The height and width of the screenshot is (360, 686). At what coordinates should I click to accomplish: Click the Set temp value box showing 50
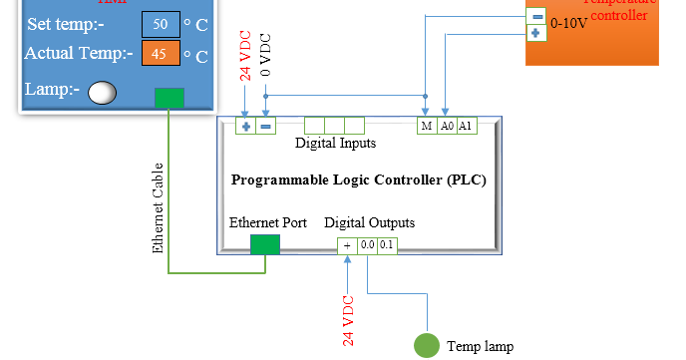pos(160,23)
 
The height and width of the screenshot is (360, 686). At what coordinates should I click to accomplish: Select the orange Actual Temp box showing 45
pos(160,55)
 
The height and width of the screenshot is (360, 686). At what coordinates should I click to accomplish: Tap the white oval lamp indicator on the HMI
pos(103,94)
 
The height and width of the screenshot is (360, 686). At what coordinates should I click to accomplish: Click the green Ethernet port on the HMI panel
pos(170,97)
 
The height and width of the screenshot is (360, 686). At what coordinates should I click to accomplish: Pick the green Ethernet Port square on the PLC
pos(264,243)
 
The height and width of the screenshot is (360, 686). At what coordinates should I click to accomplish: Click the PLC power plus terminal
pos(245,127)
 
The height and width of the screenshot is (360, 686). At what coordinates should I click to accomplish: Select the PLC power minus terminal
pos(265,127)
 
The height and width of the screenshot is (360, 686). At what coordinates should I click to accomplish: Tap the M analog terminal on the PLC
pos(427,127)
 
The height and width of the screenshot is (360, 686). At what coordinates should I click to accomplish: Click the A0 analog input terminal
pos(447,127)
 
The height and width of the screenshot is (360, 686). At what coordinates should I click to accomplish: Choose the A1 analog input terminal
pos(467,127)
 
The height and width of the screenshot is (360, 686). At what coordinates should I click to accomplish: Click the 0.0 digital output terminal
pos(368,244)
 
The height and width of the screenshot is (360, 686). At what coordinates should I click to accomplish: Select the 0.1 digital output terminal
pos(387,244)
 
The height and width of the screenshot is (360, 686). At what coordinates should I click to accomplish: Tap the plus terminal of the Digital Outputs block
pos(348,244)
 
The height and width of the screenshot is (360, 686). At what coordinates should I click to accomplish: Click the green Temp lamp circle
pos(427,345)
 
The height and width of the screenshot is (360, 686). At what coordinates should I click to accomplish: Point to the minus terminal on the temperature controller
pos(536,16)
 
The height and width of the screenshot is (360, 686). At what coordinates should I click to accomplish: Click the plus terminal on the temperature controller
pos(536,34)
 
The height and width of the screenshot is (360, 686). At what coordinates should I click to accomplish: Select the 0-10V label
pos(570,25)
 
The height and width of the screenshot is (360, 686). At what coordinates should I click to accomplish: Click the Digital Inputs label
pos(335,144)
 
